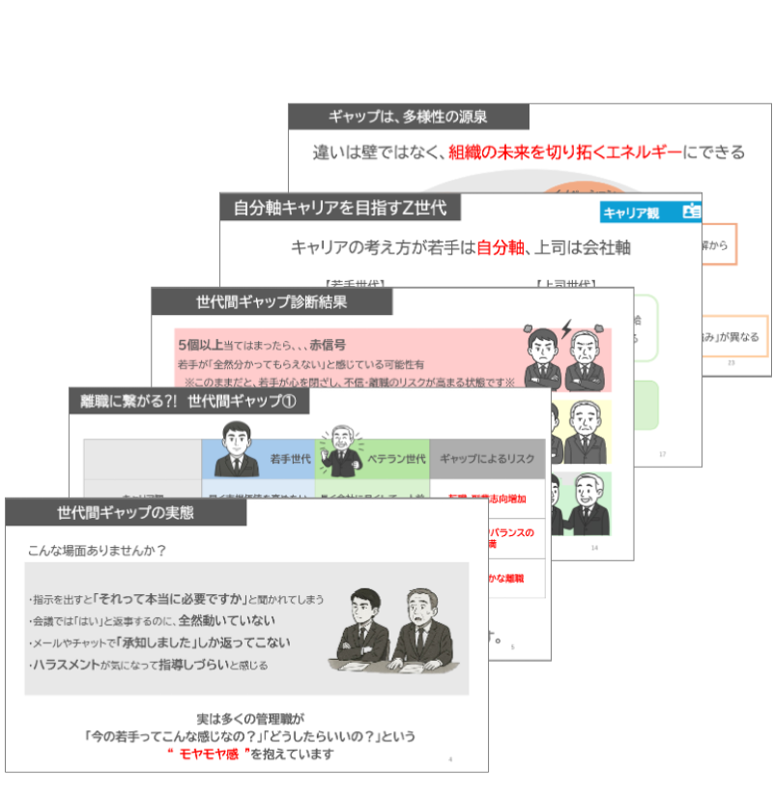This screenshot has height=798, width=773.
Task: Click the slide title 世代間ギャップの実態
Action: [x=126, y=513]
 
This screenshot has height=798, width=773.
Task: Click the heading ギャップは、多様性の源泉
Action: [x=408, y=117]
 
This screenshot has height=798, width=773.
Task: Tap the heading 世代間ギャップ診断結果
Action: [x=272, y=301]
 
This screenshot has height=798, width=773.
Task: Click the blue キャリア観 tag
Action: [x=639, y=213]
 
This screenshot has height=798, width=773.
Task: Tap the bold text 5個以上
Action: [x=199, y=345]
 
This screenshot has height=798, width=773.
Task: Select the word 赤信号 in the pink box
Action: [x=327, y=345]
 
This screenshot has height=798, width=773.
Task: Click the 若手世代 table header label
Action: [x=288, y=459]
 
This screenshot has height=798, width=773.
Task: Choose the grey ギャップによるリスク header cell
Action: [x=487, y=459]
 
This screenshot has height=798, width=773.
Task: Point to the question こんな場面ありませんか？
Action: [x=98, y=551]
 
